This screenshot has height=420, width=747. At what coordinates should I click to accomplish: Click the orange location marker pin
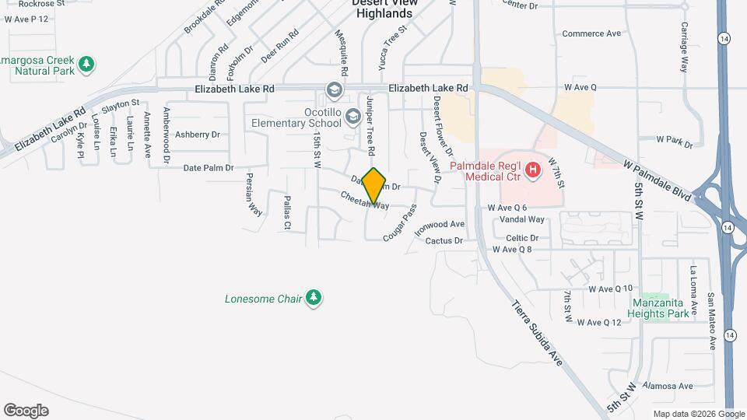click(374, 186)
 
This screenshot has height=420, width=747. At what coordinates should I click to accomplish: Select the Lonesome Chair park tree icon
click(314, 298)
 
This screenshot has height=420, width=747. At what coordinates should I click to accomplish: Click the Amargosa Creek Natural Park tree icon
click(89, 63)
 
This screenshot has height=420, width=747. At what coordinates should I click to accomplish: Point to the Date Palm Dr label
click(208, 168)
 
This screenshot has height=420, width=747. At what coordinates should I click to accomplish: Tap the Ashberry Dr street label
click(198, 135)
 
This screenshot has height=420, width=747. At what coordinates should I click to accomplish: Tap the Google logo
click(26, 410)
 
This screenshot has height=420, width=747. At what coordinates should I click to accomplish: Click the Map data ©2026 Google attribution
click(698, 414)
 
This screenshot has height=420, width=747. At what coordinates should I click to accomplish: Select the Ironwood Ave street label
click(440, 225)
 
